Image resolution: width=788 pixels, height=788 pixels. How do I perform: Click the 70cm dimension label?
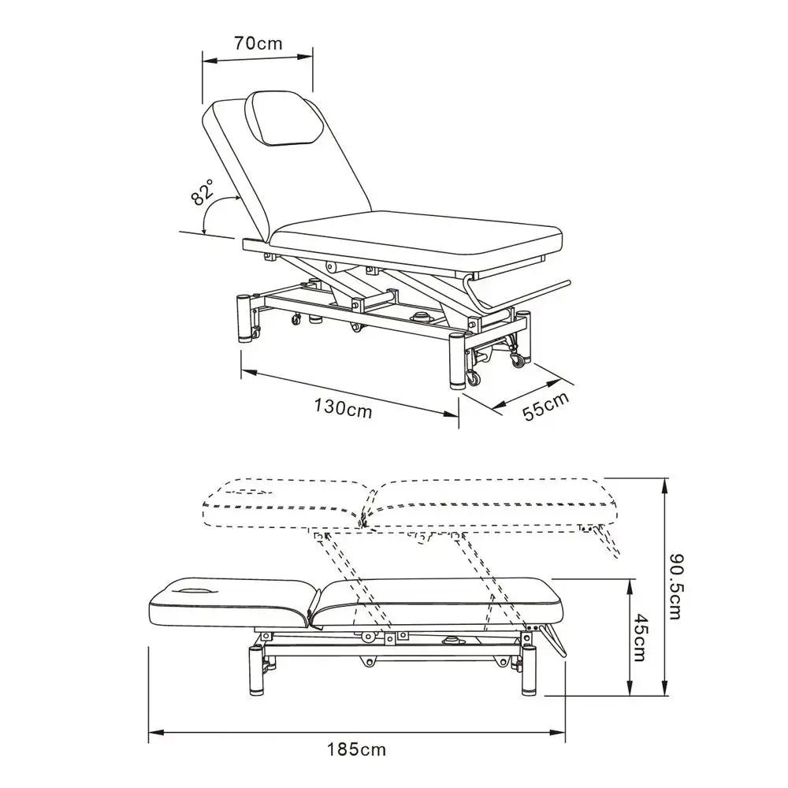click(x=258, y=43)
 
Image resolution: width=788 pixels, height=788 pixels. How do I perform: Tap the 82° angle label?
click(x=202, y=192)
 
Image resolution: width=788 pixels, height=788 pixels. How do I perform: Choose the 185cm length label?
click(x=357, y=749)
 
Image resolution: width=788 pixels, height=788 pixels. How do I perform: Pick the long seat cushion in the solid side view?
click(x=441, y=600)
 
